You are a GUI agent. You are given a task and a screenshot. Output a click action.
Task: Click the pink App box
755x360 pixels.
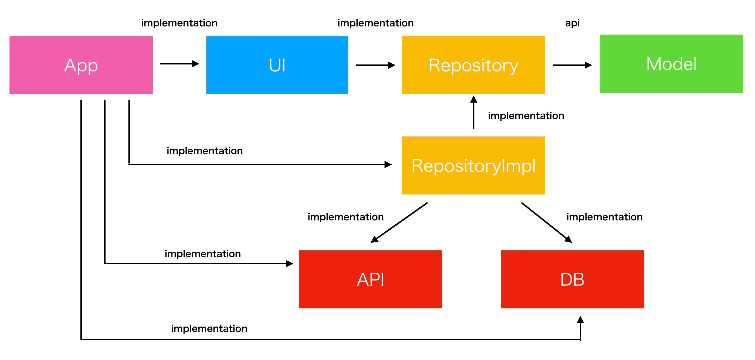(x=81, y=65)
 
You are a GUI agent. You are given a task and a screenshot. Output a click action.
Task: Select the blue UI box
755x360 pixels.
(x=277, y=65)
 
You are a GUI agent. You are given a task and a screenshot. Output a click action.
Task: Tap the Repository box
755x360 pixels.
(x=473, y=65)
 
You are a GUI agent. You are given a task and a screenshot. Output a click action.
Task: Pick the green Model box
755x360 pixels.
(x=672, y=64)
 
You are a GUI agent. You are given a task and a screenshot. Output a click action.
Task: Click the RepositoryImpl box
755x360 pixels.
(x=473, y=165)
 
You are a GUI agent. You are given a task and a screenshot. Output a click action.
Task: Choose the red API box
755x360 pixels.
(x=370, y=279)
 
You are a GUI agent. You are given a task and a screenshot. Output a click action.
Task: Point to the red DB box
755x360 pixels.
(x=572, y=279)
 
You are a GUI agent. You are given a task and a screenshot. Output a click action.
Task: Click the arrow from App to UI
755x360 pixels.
(x=179, y=64)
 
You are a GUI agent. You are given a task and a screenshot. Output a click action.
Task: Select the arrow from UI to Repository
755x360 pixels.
(x=376, y=65)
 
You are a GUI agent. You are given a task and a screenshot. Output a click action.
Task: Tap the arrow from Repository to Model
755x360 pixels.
(x=572, y=65)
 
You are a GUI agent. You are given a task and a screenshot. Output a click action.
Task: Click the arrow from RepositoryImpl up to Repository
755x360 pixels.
(x=474, y=112)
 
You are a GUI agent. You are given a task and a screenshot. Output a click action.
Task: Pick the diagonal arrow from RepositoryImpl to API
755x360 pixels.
(x=399, y=223)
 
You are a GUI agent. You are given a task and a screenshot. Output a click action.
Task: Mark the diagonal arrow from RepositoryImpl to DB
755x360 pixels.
(x=547, y=223)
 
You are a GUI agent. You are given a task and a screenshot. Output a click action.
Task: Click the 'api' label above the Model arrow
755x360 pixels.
(x=572, y=23)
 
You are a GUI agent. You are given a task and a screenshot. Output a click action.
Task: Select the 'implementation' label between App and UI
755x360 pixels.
(x=179, y=23)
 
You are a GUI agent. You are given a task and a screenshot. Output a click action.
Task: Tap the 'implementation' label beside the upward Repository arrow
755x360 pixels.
(x=526, y=116)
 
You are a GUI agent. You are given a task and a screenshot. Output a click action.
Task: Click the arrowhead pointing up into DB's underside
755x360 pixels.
(x=580, y=320)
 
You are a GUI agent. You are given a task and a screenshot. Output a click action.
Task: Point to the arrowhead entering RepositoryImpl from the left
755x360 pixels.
(x=388, y=164)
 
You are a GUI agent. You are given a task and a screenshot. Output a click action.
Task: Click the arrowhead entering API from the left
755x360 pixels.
(x=290, y=264)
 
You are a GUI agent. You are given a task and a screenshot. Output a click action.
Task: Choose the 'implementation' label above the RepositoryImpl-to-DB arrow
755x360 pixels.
(x=604, y=217)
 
